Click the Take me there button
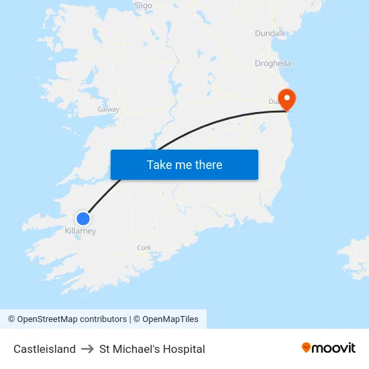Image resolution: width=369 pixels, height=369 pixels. (184, 165)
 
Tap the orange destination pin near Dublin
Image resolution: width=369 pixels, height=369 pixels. (287, 99)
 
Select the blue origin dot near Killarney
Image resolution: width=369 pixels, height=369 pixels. (83, 219)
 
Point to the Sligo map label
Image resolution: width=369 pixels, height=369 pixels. (143, 5)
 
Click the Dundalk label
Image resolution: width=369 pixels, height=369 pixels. (270, 34)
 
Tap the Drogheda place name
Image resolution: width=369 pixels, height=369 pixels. (273, 64)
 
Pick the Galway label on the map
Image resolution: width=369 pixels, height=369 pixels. (108, 109)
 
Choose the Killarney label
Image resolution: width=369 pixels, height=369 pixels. (81, 231)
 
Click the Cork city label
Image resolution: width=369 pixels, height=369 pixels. (144, 248)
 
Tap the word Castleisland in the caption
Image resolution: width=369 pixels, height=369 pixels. (44, 349)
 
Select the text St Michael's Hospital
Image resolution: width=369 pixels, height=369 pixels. (152, 349)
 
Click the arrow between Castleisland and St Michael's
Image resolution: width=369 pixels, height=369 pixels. (87, 349)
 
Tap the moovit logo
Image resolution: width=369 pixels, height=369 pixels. (329, 348)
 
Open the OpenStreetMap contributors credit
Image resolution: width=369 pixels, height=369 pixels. (72, 319)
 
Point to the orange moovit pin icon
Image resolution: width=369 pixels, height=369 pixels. (307, 348)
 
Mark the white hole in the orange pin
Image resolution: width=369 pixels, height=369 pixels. (287, 97)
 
